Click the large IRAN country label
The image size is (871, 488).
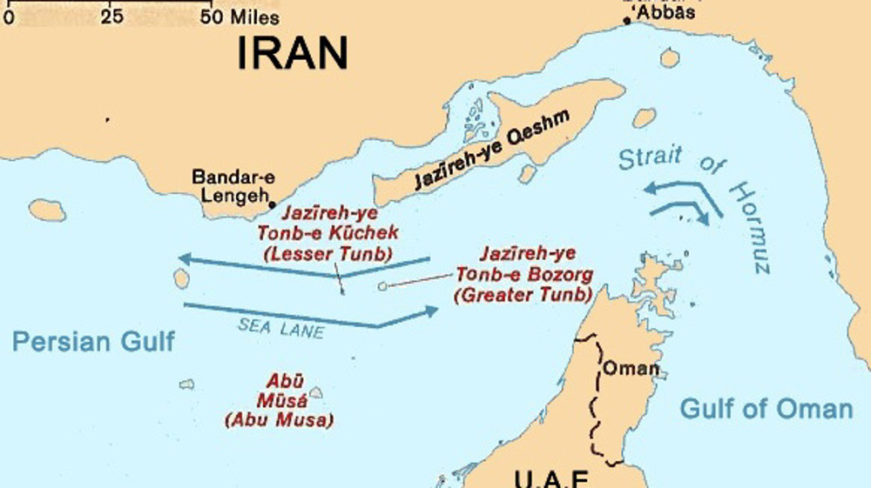pyautogui.click(x=293, y=54)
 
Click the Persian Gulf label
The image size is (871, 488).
pyautogui.click(x=93, y=341)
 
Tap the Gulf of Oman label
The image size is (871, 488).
pyautogui.click(x=766, y=408)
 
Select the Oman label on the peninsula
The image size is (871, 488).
pyautogui.click(x=631, y=368)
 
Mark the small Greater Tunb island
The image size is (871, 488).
pyautogui.click(x=381, y=285)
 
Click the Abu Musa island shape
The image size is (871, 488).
pyautogui.click(x=315, y=393)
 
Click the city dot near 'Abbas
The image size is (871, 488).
pyautogui.click(x=627, y=20)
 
